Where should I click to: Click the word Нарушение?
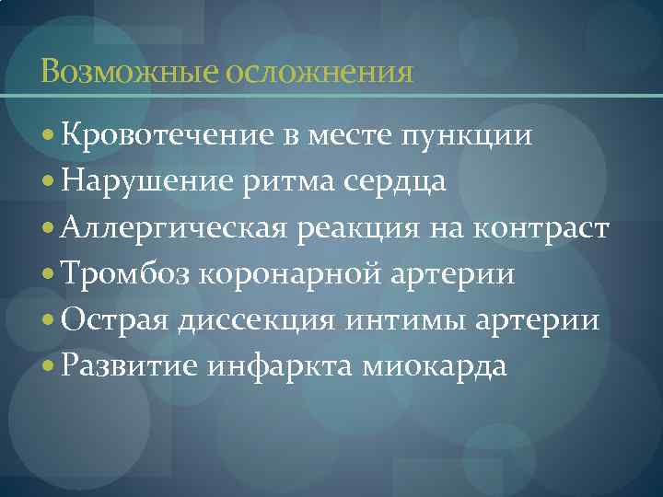click(x=144, y=182)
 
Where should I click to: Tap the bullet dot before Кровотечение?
click(x=49, y=137)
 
